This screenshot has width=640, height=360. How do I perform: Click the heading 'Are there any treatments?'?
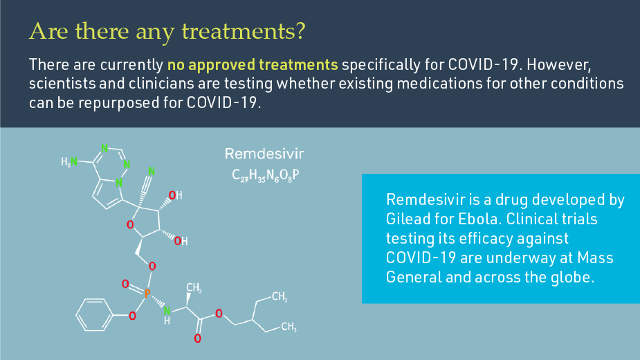168,31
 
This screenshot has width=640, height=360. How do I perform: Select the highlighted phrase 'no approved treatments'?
253,66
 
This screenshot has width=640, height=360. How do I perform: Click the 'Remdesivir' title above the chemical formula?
264,153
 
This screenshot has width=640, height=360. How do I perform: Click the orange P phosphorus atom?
147,294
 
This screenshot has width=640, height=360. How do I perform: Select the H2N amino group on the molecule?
69,162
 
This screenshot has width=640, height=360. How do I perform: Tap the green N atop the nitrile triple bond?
152,171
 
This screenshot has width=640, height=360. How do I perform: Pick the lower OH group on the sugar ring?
180,241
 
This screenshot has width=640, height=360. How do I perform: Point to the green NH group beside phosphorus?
167,315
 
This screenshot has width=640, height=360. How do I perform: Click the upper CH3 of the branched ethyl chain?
279,297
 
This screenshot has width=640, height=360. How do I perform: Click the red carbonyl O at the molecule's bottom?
197,339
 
